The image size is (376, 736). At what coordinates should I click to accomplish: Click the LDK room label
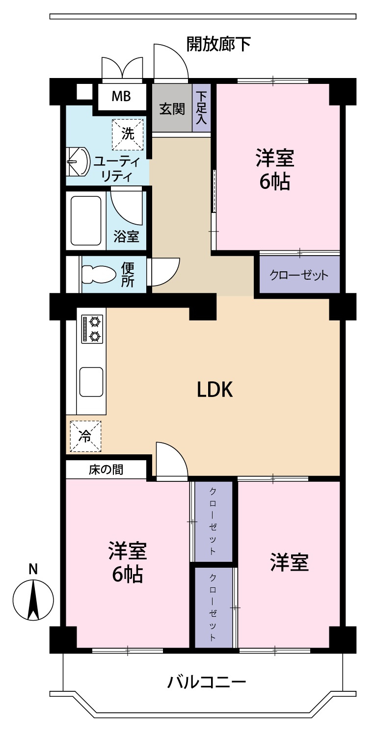pos(215,390)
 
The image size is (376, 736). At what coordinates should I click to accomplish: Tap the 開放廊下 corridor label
pos(218,44)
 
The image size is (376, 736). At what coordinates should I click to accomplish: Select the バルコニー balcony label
pos(206,682)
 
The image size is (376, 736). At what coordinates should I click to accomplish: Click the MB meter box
pos(121,96)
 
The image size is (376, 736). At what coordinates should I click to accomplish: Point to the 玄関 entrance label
pos(172,109)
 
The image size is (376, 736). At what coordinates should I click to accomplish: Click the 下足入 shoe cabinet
pos(201,108)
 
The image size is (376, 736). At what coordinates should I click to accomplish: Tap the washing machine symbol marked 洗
pos(128,134)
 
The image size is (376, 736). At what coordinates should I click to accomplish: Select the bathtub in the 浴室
pos(86,221)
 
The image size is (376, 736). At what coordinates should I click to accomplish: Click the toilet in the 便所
pos(99,274)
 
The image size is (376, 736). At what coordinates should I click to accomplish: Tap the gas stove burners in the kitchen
pos(92,329)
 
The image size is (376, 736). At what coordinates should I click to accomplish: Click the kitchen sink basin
pos(91,382)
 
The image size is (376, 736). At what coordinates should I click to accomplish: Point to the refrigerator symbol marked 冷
pos(85,436)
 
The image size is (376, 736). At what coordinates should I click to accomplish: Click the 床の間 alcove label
pos(106,470)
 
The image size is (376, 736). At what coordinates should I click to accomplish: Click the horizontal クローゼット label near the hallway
pos(299,275)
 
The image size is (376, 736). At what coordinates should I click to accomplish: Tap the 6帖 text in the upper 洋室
pos(275,182)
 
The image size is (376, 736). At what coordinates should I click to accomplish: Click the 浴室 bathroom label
pos(126,236)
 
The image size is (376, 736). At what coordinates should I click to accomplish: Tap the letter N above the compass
pos(33,569)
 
